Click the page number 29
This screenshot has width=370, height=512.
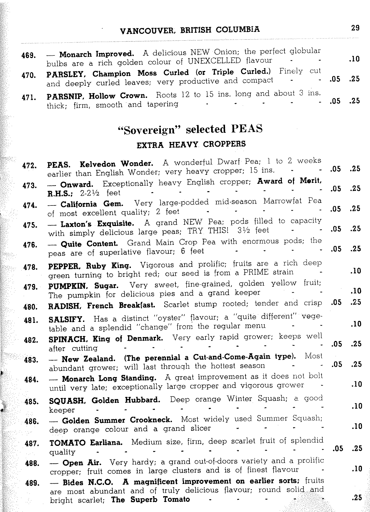click(355, 28)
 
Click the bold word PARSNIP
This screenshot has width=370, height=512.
click(66, 96)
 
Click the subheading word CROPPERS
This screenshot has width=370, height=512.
click(224, 144)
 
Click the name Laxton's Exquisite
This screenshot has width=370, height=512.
click(97, 224)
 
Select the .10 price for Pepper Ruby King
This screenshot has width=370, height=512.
click(356, 271)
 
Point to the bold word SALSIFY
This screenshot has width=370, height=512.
click(66, 319)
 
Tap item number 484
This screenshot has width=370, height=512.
click(32, 380)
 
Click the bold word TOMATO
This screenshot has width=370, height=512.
click(67, 442)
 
